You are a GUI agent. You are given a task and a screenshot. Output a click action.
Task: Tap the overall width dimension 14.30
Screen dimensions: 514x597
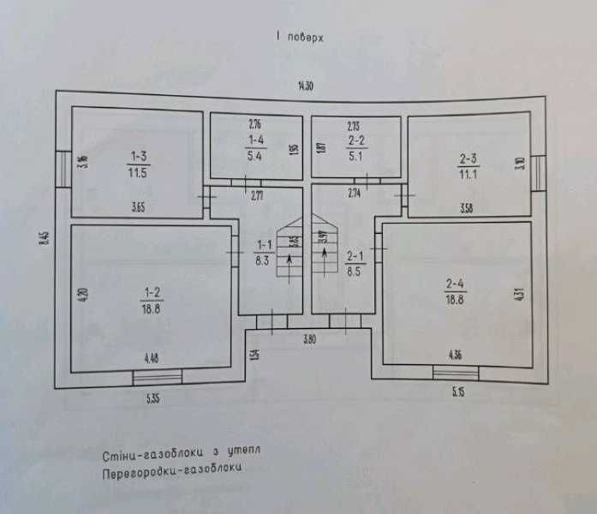pos(304,86)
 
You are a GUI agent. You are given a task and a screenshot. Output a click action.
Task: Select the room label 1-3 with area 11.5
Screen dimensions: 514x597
pos(139,163)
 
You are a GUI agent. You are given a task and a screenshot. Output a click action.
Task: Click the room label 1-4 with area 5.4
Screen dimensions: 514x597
pos(255,147)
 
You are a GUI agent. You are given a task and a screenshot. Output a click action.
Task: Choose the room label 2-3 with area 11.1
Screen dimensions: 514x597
pos(468,165)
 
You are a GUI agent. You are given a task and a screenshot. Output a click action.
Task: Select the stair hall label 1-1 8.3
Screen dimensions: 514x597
pos(263,254)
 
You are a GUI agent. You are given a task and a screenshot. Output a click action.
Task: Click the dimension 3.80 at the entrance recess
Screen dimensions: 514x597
pos(310,340)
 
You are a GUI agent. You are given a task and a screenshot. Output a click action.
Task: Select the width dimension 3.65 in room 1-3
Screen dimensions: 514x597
pos(140,206)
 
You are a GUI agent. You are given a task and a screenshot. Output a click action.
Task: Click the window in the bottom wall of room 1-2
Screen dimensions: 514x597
pos(158,376)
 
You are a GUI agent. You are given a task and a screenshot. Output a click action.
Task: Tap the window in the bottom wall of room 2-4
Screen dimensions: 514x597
pos(456,371)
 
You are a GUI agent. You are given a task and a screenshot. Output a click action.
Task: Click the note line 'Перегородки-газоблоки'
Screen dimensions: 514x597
pos(171,469)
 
